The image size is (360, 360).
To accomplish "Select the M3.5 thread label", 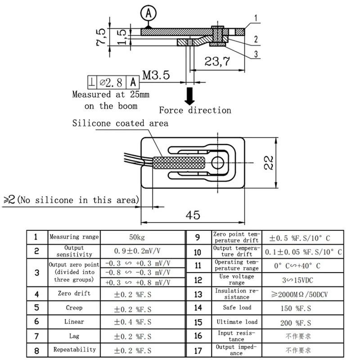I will point(156,75).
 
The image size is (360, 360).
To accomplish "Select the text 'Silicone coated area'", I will point(120,123).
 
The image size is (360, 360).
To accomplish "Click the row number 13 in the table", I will point(198,294).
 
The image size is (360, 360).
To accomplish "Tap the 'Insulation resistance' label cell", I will point(236,294).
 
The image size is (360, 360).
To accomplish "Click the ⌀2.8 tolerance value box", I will point(111,82).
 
